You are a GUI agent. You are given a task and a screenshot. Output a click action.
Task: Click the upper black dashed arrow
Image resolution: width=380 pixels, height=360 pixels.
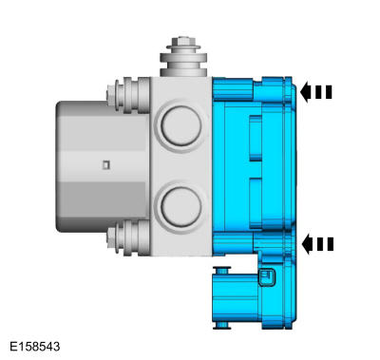coord(317,92)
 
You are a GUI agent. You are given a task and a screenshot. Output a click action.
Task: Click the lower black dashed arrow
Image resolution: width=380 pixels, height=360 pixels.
coord(317,244)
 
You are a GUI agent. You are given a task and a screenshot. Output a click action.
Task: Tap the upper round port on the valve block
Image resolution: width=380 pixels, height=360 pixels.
coord(178,123)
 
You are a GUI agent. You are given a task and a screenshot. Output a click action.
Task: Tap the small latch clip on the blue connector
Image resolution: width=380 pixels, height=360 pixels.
coord(268,278)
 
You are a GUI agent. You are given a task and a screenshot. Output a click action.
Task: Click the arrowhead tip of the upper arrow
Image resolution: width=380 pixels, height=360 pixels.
coord(302,92)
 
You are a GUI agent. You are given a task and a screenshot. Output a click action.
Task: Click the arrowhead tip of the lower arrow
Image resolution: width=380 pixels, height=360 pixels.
coord(302,244)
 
